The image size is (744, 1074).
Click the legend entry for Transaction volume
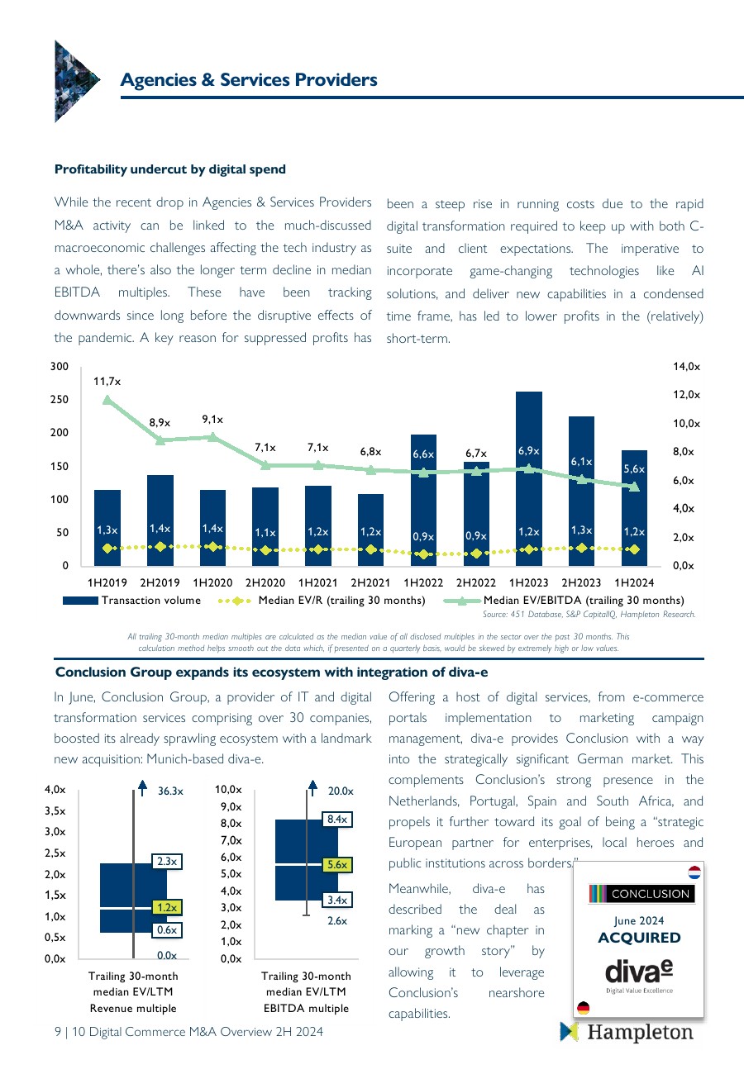(x=132, y=600)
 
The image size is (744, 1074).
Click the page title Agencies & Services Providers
(x=249, y=80)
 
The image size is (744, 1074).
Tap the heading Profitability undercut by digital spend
(x=170, y=169)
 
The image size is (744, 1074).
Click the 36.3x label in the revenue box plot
(x=170, y=791)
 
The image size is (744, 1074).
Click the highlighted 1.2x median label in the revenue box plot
(x=168, y=907)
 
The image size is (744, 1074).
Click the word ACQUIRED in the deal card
(x=639, y=938)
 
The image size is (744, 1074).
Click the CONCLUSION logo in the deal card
(x=641, y=894)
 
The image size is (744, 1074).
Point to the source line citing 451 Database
(x=589, y=615)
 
